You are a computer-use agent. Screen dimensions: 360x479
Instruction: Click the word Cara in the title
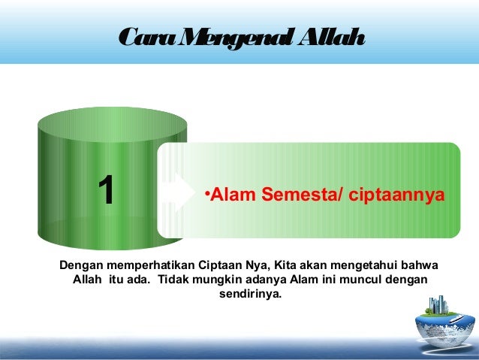(x=142, y=36)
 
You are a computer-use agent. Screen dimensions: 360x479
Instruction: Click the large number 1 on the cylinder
(x=107, y=189)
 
